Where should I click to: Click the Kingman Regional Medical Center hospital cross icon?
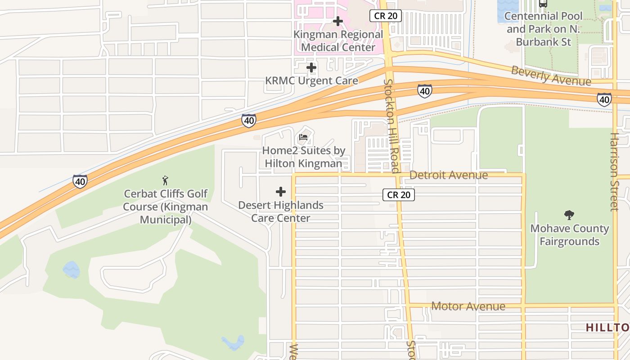click(x=338, y=21)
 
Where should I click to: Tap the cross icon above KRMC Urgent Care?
click(x=311, y=68)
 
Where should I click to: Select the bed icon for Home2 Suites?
click(x=303, y=137)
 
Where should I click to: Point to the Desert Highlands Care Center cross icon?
click(x=281, y=192)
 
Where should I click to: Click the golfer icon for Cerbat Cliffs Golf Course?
click(x=165, y=180)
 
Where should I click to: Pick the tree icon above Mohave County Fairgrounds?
click(x=569, y=215)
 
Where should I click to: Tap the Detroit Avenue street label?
click(x=449, y=175)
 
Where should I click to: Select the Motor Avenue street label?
click(x=468, y=306)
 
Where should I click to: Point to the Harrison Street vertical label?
click(x=614, y=171)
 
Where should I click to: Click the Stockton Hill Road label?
click(x=391, y=126)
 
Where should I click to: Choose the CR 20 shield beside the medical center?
click(x=386, y=16)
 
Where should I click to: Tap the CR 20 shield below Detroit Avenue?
click(x=399, y=195)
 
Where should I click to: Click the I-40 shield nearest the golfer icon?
click(x=80, y=181)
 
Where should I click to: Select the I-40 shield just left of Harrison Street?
click(x=604, y=99)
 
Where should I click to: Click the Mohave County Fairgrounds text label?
click(x=569, y=235)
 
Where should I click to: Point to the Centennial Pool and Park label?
click(x=543, y=29)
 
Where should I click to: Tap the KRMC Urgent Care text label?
click(x=311, y=81)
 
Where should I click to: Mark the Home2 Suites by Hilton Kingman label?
click(x=303, y=157)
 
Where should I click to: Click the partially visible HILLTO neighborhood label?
click(x=607, y=328)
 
